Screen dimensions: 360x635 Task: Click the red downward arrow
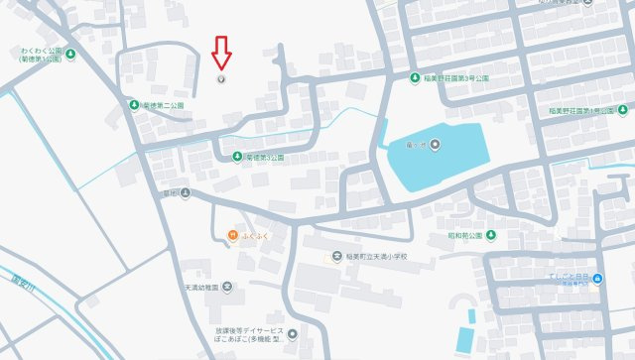(x=222, y=53)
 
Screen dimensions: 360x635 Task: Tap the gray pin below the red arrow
(x=221, y=79)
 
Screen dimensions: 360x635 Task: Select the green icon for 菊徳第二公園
(x=133, y=104)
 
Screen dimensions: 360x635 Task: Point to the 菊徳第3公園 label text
(x=264, y=158)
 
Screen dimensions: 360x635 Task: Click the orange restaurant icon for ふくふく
(x=231, y=235)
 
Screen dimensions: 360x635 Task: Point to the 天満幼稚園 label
(x=201, y=288)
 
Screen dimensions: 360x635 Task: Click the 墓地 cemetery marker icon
(x=185, y=193)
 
